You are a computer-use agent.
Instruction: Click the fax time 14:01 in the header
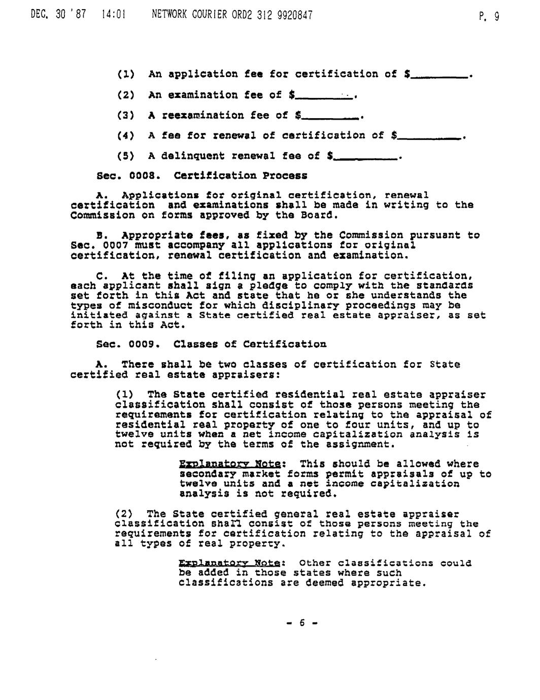(110, 15)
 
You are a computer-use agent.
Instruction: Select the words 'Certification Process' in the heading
(240, 176)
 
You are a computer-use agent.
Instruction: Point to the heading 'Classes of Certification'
(250, 344)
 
